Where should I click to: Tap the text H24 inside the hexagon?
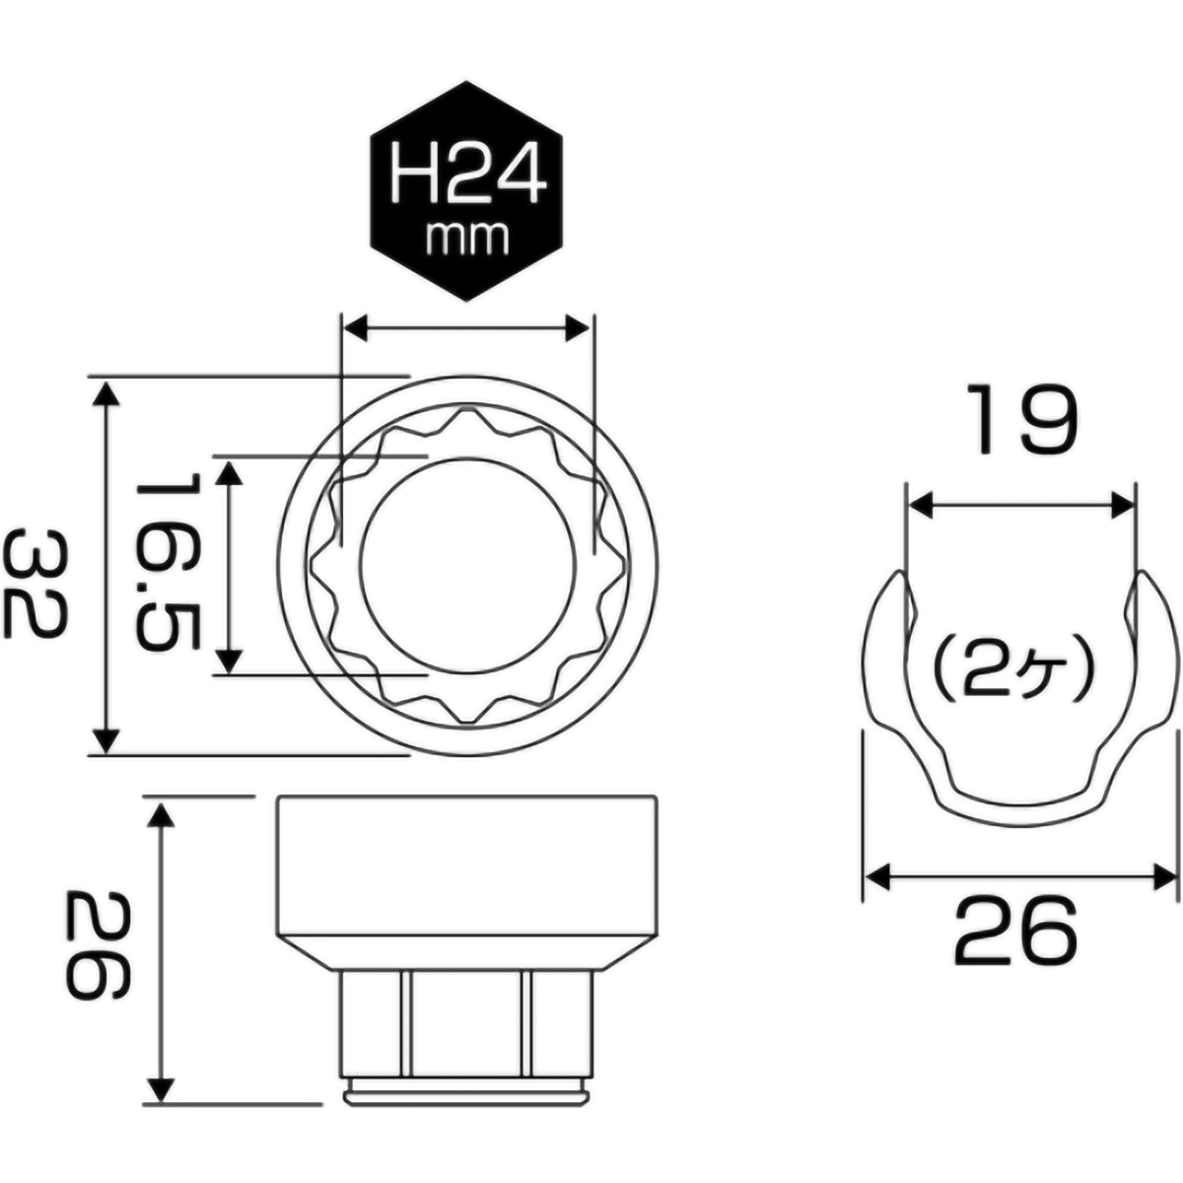coord(467,175)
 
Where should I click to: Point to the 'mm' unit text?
coord(466,237)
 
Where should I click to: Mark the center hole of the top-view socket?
coord(465,566)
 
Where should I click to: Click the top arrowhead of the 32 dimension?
coord(106,391)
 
